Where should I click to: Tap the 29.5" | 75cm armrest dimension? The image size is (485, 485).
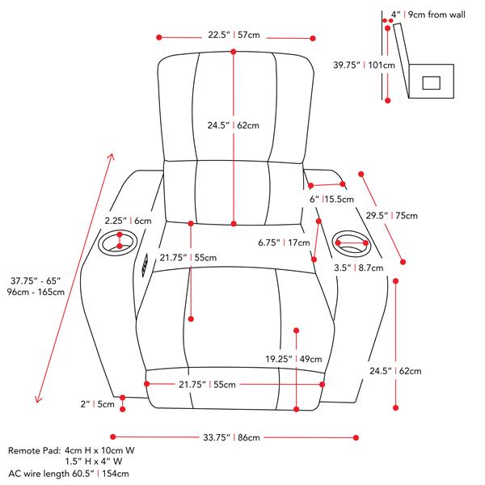coord(392,216)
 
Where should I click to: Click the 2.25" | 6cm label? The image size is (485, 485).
coord(129,220)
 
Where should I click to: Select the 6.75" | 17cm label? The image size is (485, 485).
coord(284,242)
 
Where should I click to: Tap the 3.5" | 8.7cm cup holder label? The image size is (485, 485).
coord(354,266)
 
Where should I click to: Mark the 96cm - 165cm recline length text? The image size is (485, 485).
coord(36,292)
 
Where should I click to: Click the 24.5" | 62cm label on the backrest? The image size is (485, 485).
coord(233,125)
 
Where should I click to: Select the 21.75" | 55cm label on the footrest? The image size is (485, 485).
coord(209,385)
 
